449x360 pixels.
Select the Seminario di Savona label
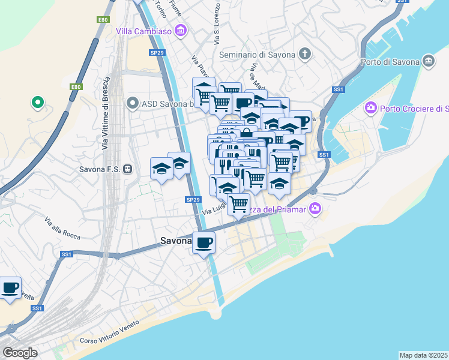257,55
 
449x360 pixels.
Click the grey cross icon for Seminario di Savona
305,55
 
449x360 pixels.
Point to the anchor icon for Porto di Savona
429,61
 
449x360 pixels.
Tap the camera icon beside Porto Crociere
370,108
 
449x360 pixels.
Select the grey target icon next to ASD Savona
132,104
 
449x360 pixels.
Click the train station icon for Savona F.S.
127,169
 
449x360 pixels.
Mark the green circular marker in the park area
38,103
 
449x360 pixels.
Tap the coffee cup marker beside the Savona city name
204,242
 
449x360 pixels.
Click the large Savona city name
175,241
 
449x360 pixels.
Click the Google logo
20,353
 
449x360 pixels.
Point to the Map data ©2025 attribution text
424,355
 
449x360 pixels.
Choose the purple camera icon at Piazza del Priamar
315,209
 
